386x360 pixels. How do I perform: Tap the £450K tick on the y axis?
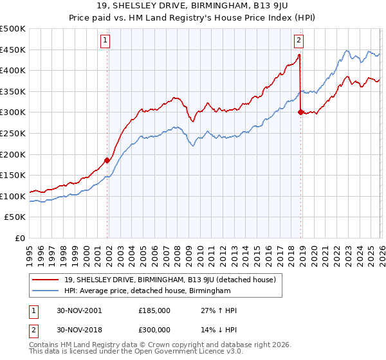point(13,50)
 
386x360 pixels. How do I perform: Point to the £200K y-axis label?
point(13,154)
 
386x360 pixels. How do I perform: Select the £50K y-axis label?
point(15,217)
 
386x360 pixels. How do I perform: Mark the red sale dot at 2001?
point(107,161)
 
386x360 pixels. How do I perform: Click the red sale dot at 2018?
point(300,112)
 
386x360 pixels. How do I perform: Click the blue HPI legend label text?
point(147,291)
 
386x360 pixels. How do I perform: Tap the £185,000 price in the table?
point(154,310)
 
